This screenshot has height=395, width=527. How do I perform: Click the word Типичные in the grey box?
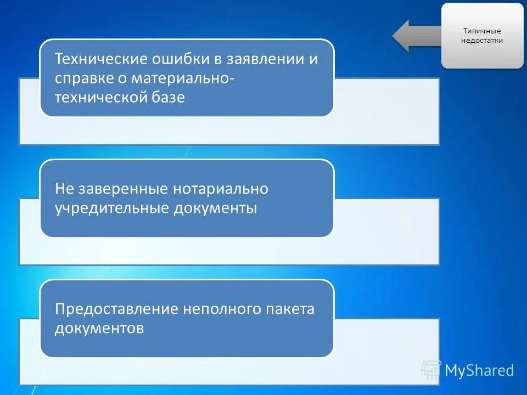pos(482,31)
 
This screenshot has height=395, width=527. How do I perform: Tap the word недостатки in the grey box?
pos(482,41)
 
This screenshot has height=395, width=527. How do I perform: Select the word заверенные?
pos(122,189)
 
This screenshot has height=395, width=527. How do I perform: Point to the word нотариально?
pos(221,189)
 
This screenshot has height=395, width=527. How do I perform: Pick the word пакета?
pos(292,309)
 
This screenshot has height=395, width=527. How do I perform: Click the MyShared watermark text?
pos(479,370)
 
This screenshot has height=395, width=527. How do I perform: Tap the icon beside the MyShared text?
pos(431,370)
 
